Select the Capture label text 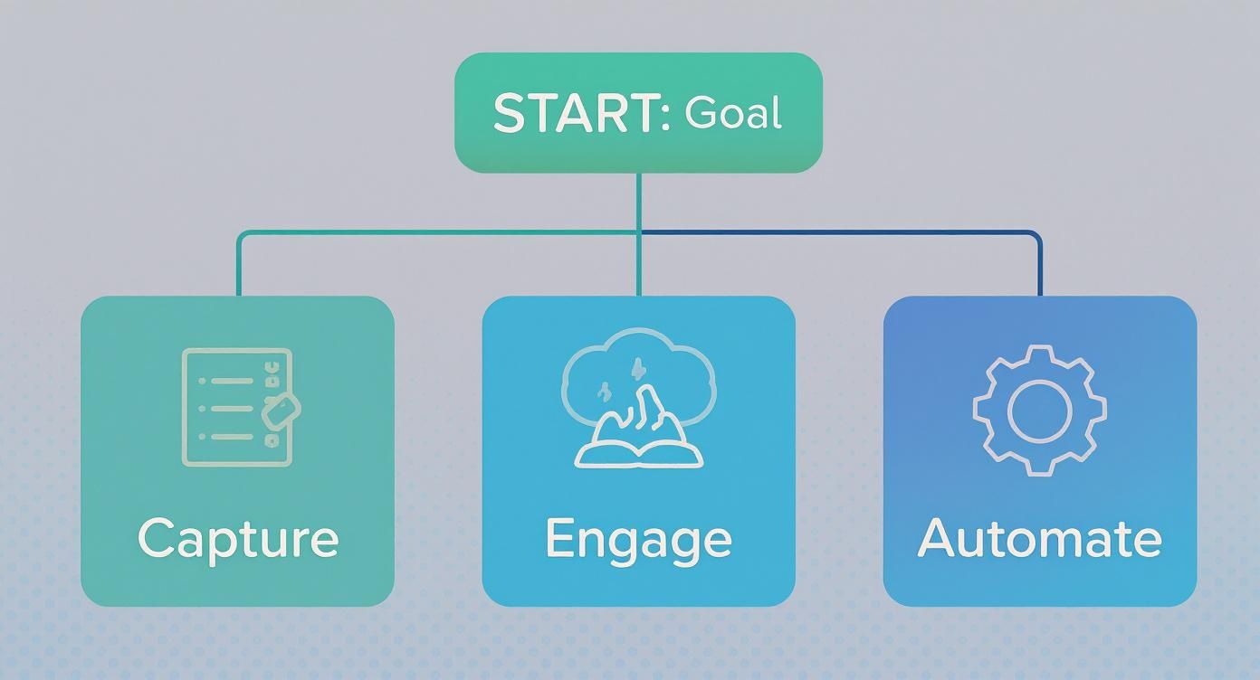pos(238,541)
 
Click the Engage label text pos(638,541)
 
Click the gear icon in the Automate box pos(1039,411)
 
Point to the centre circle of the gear pos(1039,411)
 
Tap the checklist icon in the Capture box pos(240,408)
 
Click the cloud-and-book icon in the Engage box pos(638,398)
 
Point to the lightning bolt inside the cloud pos(637,369)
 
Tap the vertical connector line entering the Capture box pos(239,264)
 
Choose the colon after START pos(665,114)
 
